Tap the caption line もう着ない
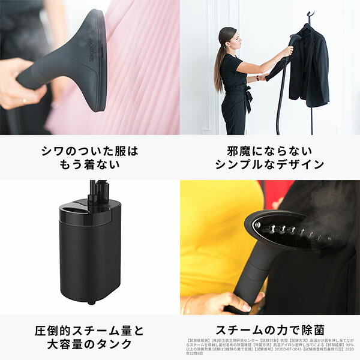89,164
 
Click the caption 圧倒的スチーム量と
89,331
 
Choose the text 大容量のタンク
89,344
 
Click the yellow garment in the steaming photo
216,240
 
